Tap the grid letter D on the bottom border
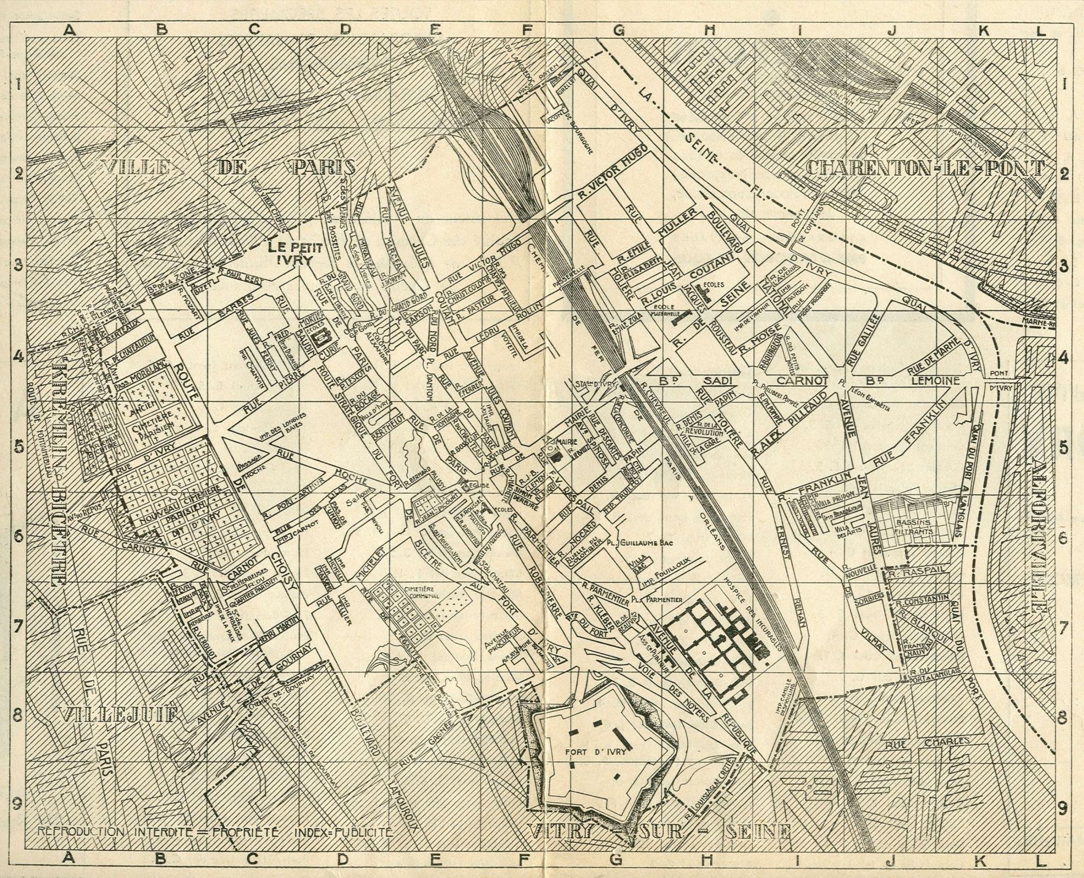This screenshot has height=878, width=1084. pos(343,858)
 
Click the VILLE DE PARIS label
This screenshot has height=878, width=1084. pos(228,167)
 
